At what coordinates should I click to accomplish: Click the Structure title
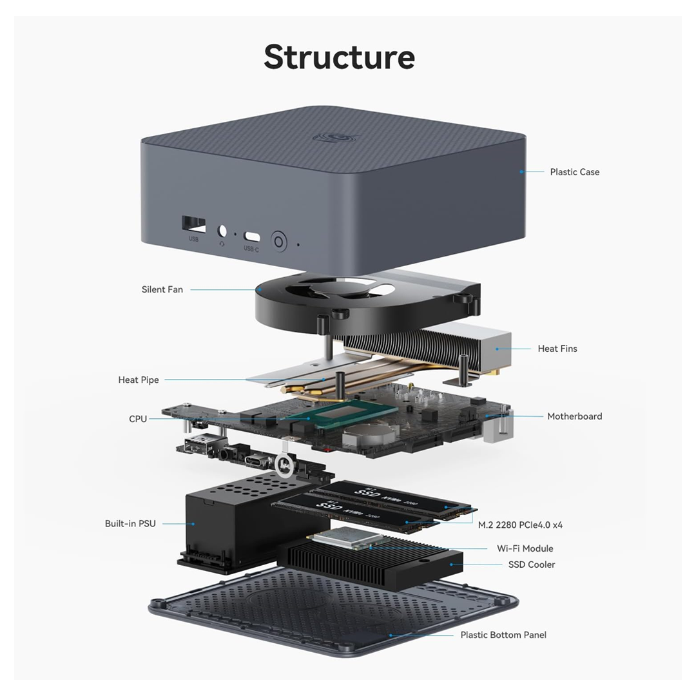pyautogui.click(x=339, y=57)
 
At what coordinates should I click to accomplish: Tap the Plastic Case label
pyautogui.click(x=574, y=172)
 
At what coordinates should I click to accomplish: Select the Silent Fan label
pyautogui.click(x=162, y=289)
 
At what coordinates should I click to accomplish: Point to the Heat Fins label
pyautogui.click(x=557, y=349)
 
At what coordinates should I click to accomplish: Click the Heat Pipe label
pyautogui.click(x=139, y=380)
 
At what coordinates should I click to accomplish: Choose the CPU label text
pyautogui.click(x=138, y=419)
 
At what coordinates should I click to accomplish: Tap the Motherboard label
pyautogui.click(x=574, y=416)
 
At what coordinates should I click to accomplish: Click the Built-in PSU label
pyautogui.click(x=130, y=523)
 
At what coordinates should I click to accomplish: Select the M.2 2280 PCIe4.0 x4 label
pyautogui.click(x=520, y=525)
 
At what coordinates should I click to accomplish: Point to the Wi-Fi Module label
pyautogui.click(x=525, y=548)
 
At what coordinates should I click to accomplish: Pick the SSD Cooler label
pyautogui.click(x=532, y=565)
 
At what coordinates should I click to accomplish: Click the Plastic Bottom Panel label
pyautogui.click(x=503, y=635)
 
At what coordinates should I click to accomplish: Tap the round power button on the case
pyautogui.click(x=279, y=242)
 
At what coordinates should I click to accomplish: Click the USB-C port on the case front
pyautogui.click(x=251, y=236)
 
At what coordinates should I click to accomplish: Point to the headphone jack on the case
pyautogui.click(x=223, y=231)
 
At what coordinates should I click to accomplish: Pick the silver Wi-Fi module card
pyautogui.click(x=340, y=540)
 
